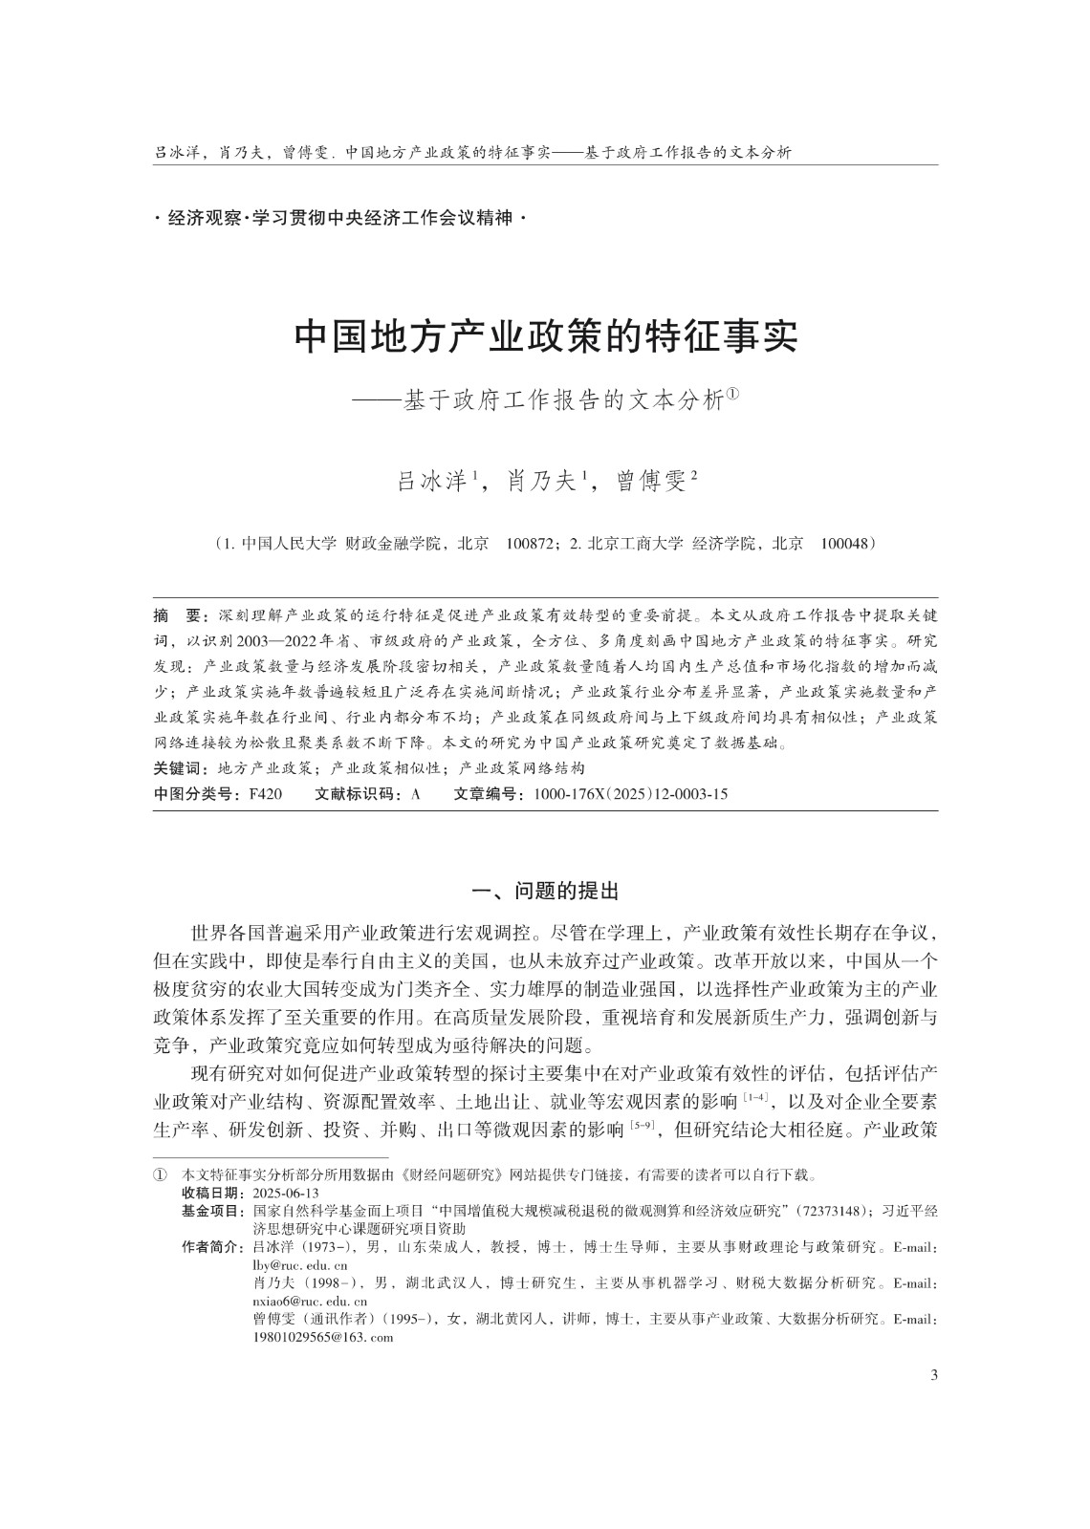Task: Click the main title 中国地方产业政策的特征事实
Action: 545,337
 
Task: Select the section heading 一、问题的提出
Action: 545,892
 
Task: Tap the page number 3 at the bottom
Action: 933,1375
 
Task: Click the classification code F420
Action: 265,793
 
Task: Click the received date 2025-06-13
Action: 285,1194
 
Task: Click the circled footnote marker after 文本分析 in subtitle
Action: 734,397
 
